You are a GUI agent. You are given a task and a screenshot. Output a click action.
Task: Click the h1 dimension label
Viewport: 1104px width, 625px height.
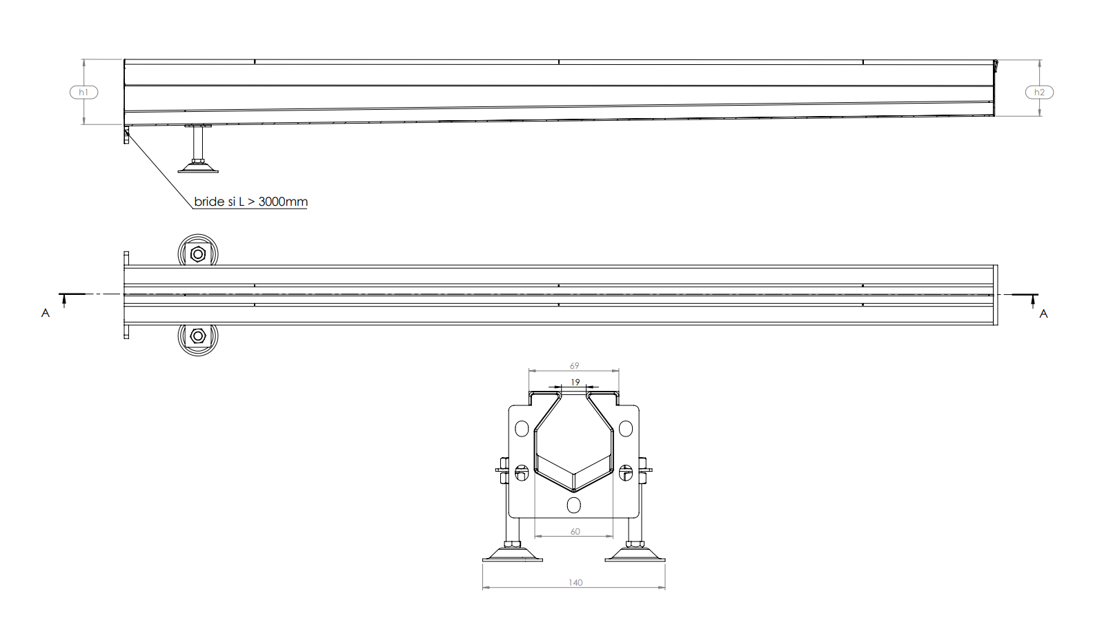(83, 92)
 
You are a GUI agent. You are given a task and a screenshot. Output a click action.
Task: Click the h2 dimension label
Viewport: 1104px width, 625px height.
(1039, 92)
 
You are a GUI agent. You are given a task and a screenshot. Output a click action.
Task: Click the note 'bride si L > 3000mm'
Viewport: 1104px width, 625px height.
(250, 202)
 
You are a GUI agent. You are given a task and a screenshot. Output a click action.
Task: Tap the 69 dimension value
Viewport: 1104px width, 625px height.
(574, 365)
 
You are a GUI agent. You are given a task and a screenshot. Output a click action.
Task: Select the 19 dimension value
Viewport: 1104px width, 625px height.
(575, 382)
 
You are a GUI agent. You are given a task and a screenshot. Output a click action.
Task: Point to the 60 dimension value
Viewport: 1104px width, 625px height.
(575, 531)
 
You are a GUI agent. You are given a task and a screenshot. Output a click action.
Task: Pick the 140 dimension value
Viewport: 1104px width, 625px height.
(575, 582)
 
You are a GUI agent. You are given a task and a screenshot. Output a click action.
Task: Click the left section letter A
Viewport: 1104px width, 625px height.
(46, 314)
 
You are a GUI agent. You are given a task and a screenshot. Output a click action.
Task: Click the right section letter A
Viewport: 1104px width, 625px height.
(1043, 314)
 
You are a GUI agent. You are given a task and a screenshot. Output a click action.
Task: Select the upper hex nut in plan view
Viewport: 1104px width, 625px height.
(198, 254)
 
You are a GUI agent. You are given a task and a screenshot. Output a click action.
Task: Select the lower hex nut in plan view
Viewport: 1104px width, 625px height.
(198, 336)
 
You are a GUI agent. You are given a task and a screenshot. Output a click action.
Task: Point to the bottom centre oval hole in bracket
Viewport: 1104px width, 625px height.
(573, 505)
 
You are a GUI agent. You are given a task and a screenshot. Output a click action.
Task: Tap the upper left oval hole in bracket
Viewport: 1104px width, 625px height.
(522, 428)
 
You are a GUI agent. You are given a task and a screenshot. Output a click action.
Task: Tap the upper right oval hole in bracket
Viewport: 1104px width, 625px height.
(626, 428)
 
